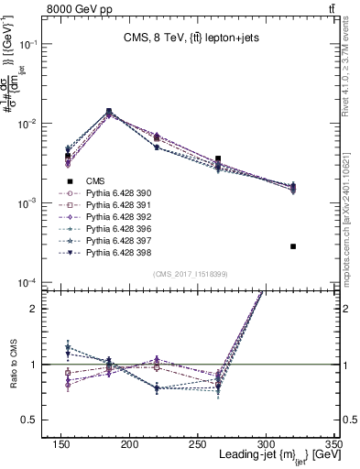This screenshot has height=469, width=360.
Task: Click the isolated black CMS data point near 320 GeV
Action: [293, 246]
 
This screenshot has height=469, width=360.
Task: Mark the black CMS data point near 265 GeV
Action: [243, 158]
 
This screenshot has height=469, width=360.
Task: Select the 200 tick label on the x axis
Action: [183, 443]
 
